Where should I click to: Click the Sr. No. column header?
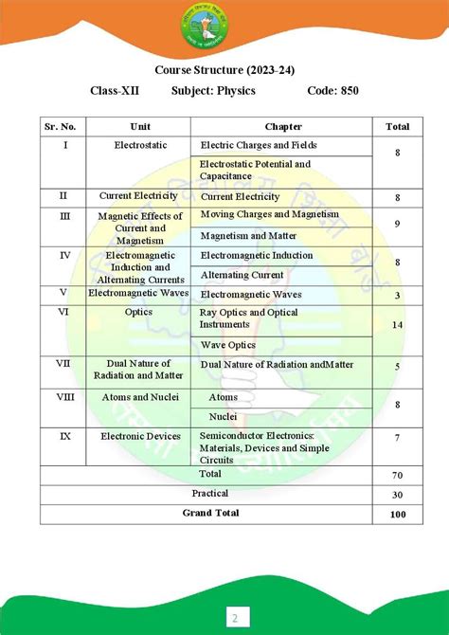click(x=62, y=126)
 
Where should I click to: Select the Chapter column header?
click(x=282, y=126)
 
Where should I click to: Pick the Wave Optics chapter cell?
click(x=228, y=345)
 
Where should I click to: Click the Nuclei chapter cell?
click(x=223, y=416)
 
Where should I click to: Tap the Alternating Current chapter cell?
click(x=242, y=275)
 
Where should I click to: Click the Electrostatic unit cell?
click(x=139, y=146)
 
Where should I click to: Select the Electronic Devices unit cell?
click(x=139, y=436)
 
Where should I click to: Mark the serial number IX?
click(x=63, y=436)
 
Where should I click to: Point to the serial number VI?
click(x=63, y=311)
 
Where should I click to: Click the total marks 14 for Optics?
click(x=397, y=324)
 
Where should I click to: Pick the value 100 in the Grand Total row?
click(x=397, y=514)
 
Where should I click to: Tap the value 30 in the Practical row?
click(x=397, y=494)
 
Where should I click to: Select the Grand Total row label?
click(x=210, y=513)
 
